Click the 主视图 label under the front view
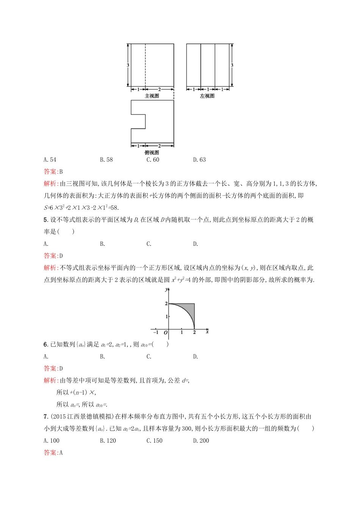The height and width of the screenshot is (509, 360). point(152,96)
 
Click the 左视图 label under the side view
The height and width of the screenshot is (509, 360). point(207,96)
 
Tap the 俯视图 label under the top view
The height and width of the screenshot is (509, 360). point(152,153)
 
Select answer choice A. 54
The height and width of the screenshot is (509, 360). point(50,160)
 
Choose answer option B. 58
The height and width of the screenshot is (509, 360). point(106,160)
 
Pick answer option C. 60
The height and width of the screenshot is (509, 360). point(153,160)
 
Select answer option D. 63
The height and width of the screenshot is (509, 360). point(200,160)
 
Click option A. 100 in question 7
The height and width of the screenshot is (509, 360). point(52,441)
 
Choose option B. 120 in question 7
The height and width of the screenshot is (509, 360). point(108,441)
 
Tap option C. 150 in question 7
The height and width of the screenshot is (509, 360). point(155,441)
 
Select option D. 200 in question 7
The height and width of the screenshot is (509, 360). point(201,441)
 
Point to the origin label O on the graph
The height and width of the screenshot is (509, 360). point(166,333)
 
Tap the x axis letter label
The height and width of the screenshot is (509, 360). point(207,332)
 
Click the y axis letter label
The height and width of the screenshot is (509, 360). point(166,290)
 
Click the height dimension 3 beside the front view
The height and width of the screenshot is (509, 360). point(128,65)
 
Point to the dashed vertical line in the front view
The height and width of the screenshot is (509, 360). point(145,65)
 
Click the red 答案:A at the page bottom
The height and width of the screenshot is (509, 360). point(53,453)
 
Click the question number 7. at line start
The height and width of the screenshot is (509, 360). point(46,417)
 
